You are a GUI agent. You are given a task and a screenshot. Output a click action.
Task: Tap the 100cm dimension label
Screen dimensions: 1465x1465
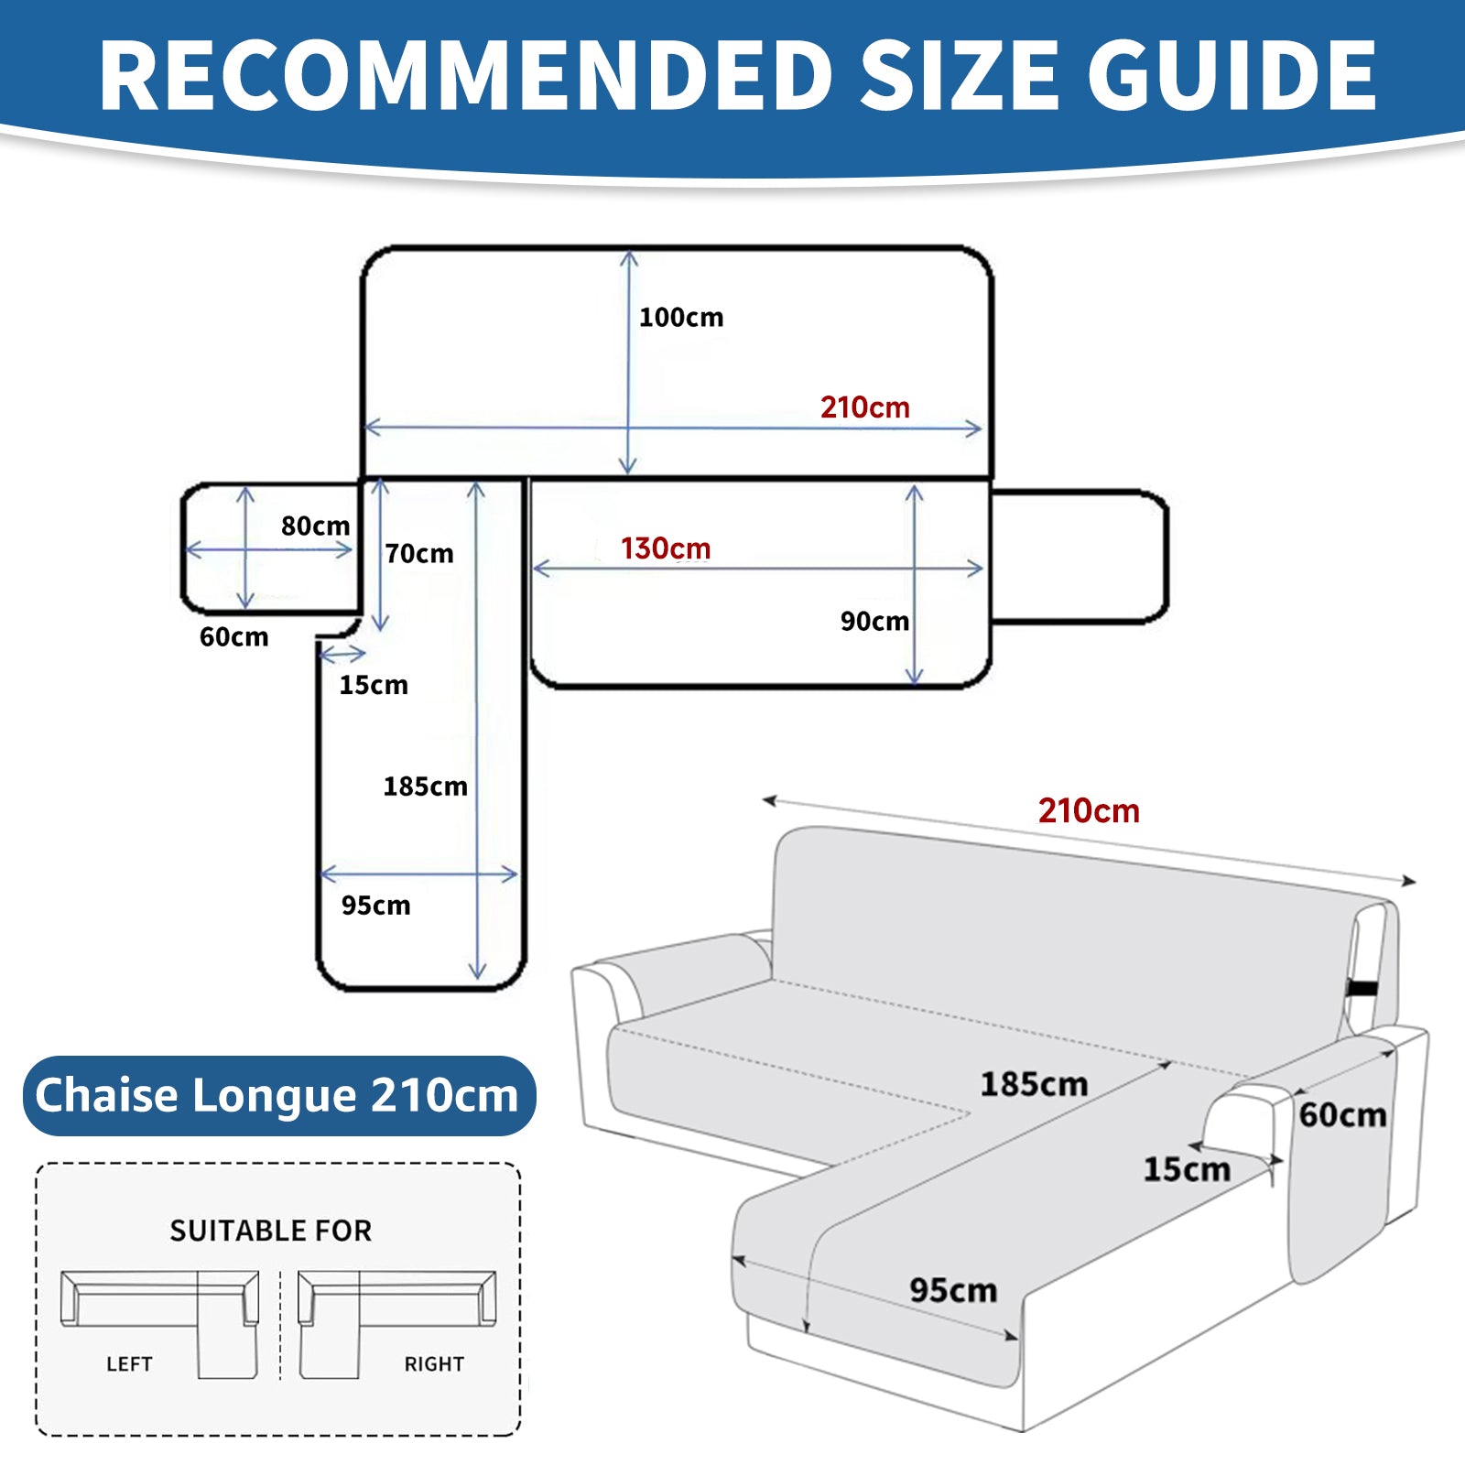point(681,318)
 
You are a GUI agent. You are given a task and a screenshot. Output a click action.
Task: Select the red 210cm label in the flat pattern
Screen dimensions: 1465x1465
point(864,407)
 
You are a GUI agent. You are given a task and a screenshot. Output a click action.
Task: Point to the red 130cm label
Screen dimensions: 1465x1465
point(666,548)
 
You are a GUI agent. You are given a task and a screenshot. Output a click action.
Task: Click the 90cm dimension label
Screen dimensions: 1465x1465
point(874,622)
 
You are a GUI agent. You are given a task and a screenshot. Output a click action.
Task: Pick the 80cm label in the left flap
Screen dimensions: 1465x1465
point(315,526)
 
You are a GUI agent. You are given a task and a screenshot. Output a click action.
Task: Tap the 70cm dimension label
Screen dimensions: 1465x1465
point(419,554)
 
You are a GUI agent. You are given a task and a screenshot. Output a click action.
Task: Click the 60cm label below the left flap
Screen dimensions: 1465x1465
point(234,637)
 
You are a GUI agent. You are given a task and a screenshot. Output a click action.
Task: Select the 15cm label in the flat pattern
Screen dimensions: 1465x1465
point(374,685)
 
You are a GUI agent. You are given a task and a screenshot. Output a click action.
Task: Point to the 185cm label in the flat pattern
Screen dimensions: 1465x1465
point(425,787)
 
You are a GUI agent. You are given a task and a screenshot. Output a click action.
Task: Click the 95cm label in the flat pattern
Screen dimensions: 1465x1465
point(375,906)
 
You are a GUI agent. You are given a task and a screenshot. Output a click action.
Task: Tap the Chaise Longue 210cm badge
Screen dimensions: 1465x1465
point(277,1096)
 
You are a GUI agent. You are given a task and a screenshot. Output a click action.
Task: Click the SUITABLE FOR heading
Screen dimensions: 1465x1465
point(271,1231)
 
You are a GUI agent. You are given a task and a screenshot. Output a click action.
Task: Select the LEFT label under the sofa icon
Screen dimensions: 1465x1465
point(129,1364)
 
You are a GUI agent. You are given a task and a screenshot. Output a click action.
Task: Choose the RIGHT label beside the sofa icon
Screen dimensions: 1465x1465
point(434,1364)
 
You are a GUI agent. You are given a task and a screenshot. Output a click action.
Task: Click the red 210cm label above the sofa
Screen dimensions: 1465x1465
point(1089,811)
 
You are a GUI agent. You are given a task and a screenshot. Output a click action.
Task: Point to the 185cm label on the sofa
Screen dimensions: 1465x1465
point(1034,1085)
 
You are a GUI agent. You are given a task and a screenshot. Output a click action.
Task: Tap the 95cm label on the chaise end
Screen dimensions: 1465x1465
point(953,1291)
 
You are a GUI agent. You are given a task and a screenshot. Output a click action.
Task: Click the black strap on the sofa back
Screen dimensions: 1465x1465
point(1363,988)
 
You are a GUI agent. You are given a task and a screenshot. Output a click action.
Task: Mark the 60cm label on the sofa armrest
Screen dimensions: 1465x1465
point(1342,1115)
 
